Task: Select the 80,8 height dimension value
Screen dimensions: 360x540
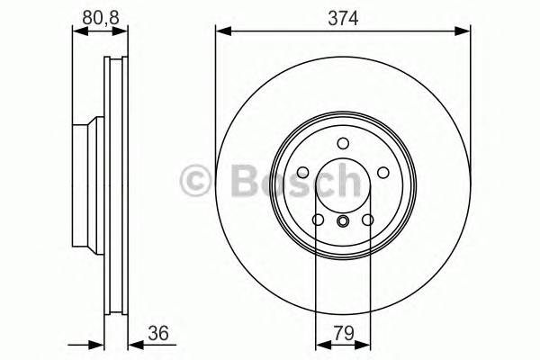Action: coord(99,17)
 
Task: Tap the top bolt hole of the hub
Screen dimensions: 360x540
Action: coord(343,143)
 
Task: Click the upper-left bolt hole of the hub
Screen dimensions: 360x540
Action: coord(302,173)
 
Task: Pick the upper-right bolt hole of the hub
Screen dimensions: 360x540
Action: coord(382,173)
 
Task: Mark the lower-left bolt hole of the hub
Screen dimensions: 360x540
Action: coord(318,220)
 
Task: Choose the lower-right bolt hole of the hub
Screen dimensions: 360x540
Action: coord(367,220)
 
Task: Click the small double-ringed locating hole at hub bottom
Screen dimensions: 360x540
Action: coord(343,222)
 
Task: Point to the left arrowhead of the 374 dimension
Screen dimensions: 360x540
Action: coord(221,31)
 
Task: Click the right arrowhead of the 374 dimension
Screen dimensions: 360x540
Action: coord(464,31)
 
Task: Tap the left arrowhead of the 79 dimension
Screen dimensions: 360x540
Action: coord(320,344)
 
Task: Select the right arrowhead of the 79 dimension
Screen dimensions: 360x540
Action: coord(364,344)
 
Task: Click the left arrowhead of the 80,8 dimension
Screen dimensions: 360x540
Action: coord(77,31)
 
